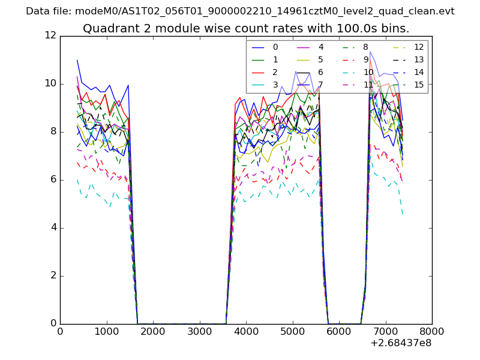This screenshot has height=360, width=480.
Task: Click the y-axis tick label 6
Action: pos(53,179)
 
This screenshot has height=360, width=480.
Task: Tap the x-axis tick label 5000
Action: pos(292,331)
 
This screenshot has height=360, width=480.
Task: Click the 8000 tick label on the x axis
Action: pos(432,331)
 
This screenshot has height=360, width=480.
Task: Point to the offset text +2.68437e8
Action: pos(401,343)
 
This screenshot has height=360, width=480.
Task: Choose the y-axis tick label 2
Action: pos(53,275)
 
